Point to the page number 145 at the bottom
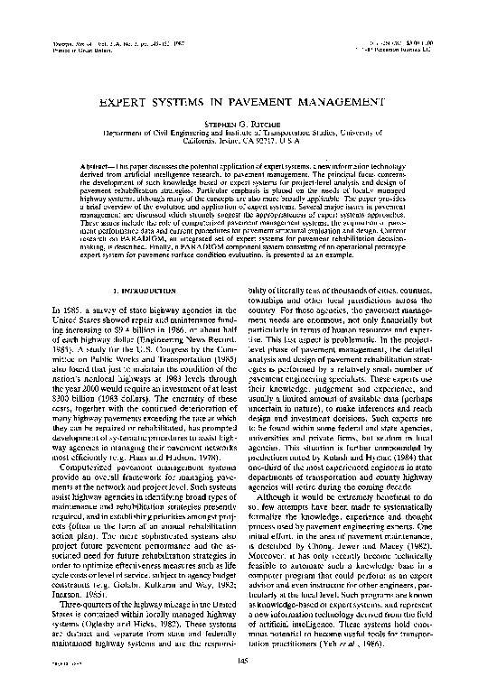tap(243, 663)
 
